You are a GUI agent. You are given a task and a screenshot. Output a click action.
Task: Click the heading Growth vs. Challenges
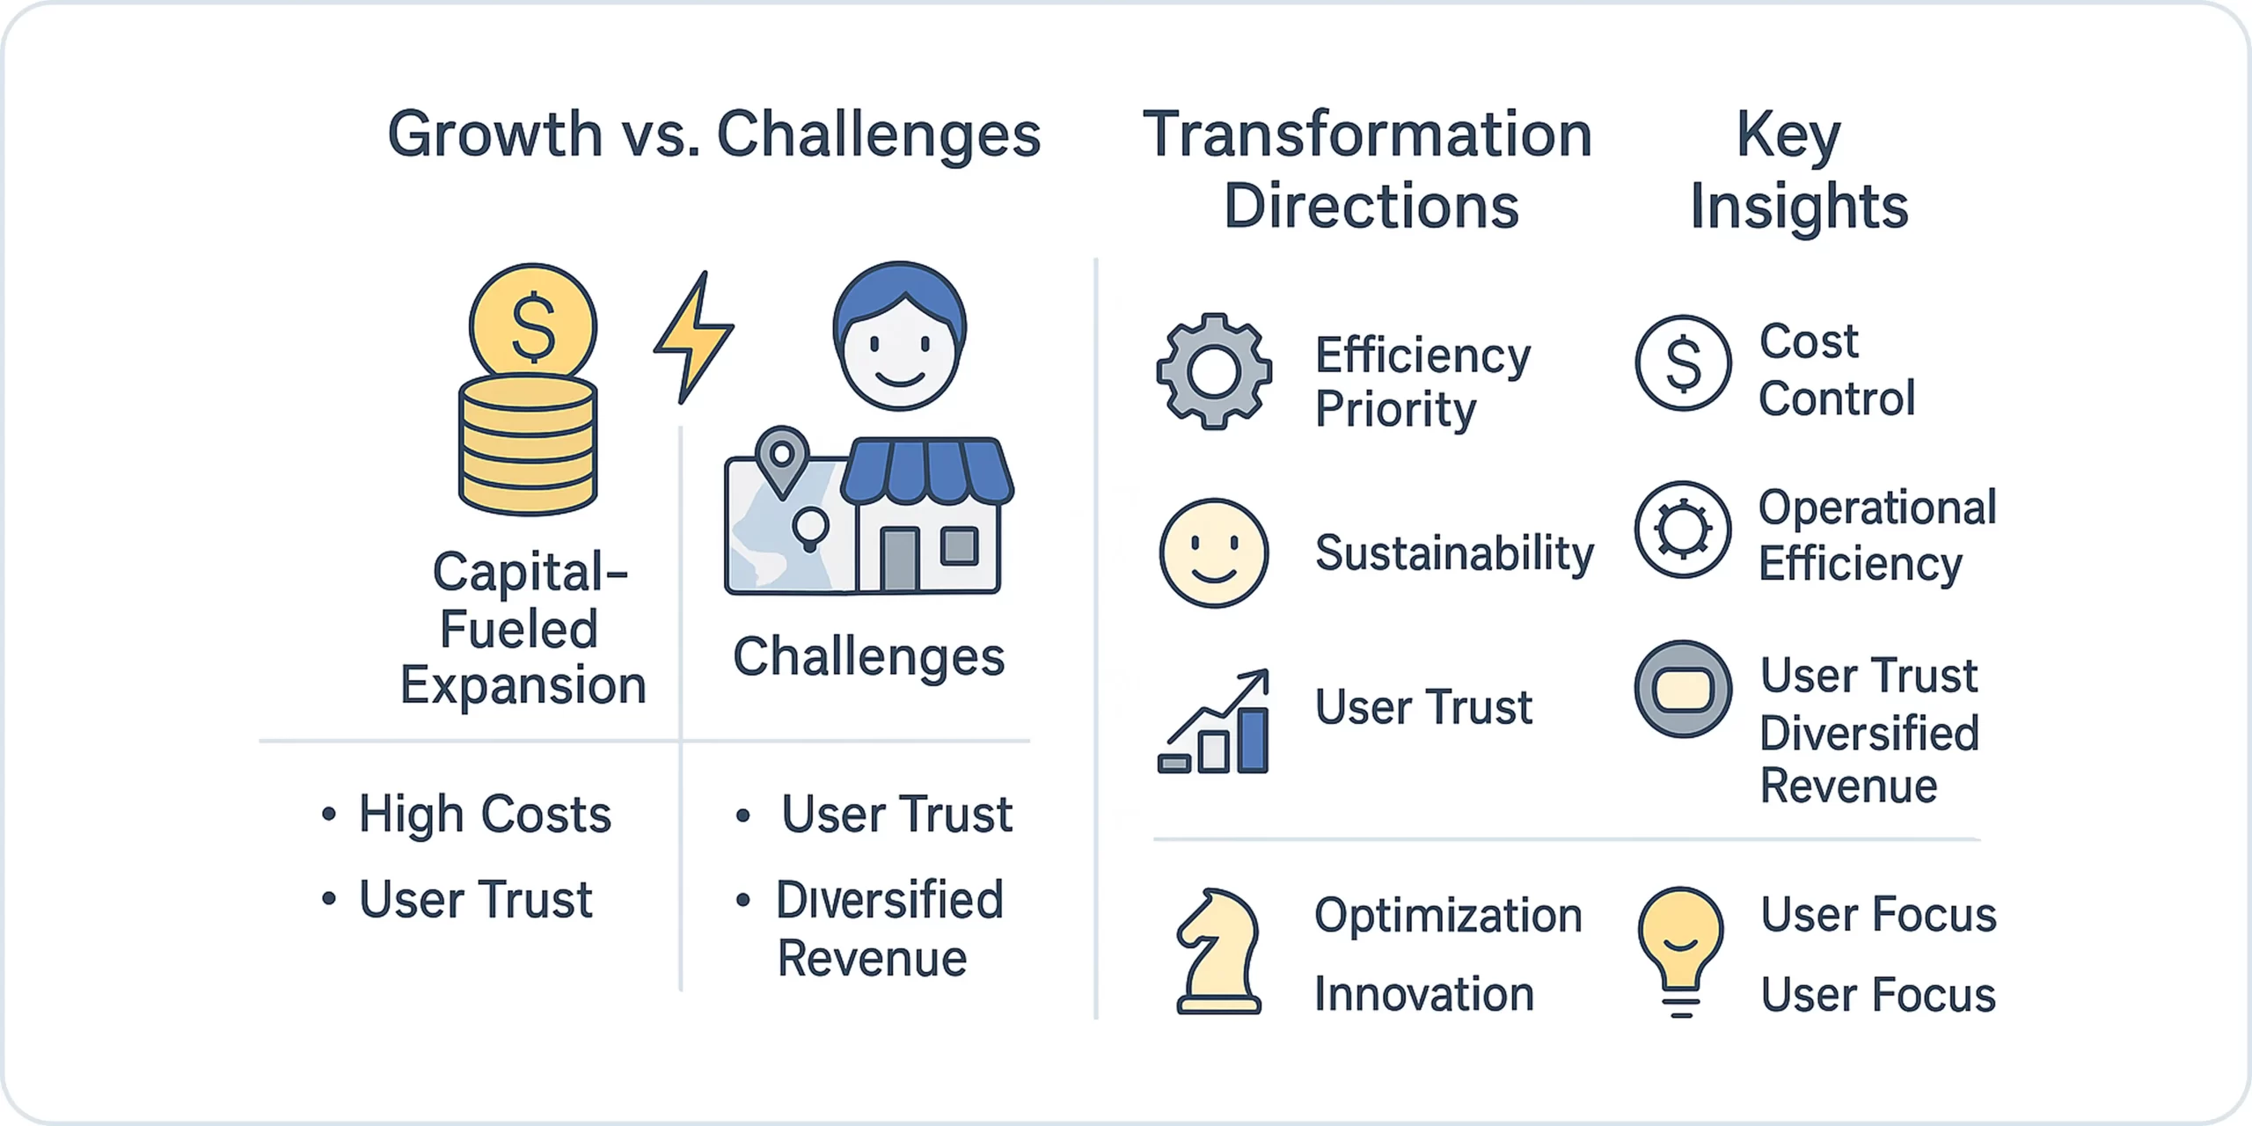pyautogui.click(x=714, y=135)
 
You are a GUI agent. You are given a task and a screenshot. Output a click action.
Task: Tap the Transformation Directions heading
pyautogui.click(x=1369, y=170)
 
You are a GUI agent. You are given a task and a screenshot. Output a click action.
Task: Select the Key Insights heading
pyautogui.click(x=1799, y=170)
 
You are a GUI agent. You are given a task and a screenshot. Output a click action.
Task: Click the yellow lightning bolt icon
pyautogui.click(x=693, y=337)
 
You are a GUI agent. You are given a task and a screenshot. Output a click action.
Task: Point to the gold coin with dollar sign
pyautogui.click(x=533, y=326)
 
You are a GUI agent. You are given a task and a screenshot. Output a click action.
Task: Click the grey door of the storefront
pyautogui.click(x=899, y=559)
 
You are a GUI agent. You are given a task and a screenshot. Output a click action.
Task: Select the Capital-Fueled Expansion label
pyautogui.click(x=524, y=628)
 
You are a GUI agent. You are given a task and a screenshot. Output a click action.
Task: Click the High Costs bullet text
pyautogui.click(x=485, y=814)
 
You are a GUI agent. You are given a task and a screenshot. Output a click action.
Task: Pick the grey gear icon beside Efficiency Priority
pyautogui.click(x=1214, y=371)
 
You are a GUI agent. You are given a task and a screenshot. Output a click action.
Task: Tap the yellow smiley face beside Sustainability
pyautogui.click(x=1214, y=553)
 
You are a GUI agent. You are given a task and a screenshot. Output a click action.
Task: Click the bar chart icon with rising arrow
pyautogui.click(x=1215, y=721)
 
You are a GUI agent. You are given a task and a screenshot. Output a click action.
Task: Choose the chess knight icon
pyautogui.click(x=1218, y=952)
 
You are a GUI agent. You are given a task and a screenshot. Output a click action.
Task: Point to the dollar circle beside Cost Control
pyautogui.click(x=1684, y=363)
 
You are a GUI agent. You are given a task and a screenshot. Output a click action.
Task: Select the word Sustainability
pyautogui.click(x=1454, y=554)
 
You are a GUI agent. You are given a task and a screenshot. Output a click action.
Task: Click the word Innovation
pyautogui.click(x=1424, y=994)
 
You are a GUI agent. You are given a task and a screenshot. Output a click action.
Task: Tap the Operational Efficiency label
pyautogui.click(x=1877, y=536)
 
